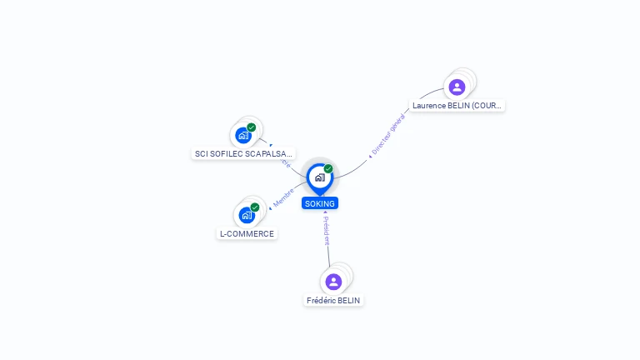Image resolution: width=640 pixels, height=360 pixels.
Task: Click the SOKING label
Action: (x=320, y=203)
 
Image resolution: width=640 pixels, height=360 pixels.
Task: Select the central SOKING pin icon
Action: (x=319, y=177)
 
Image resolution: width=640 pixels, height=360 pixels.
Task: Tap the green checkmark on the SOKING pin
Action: (x=328, y=169)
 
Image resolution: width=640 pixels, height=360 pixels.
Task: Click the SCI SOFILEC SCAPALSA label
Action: (x=244, y=153)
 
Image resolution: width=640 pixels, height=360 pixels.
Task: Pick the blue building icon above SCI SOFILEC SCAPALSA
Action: (x=242, y=135)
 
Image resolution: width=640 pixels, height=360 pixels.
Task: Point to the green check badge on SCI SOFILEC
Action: (x=251, y=127)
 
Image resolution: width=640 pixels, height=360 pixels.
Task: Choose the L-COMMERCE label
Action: (x=247, y=234)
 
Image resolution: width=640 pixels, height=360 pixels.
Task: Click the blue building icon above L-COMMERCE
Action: (x=246, y=215)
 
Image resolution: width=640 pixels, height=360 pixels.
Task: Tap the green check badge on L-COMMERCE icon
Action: (x=254, y=207)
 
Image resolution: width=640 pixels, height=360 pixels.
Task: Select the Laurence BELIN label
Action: (x=457, y=106)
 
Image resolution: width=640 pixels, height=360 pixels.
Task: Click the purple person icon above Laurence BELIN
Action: (x=457, y=87)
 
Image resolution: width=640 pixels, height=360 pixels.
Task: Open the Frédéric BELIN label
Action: (x=334, y=300)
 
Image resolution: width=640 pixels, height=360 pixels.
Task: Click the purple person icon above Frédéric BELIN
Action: (x=333, y=282)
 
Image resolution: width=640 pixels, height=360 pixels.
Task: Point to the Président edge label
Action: (x=326, y=231)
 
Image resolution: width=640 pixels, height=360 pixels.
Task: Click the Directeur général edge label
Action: (x=388, y=134)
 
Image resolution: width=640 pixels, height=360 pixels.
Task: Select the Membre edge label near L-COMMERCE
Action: (x=284, y=197)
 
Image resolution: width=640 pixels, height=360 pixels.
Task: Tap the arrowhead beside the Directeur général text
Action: (x=370, y=156)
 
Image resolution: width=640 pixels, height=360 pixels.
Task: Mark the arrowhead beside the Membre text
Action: (x=271, y=207)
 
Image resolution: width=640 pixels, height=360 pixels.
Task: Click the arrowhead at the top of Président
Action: (x=325, y=212)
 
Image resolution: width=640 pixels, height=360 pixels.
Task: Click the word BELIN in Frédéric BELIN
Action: (x=349, y=300)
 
